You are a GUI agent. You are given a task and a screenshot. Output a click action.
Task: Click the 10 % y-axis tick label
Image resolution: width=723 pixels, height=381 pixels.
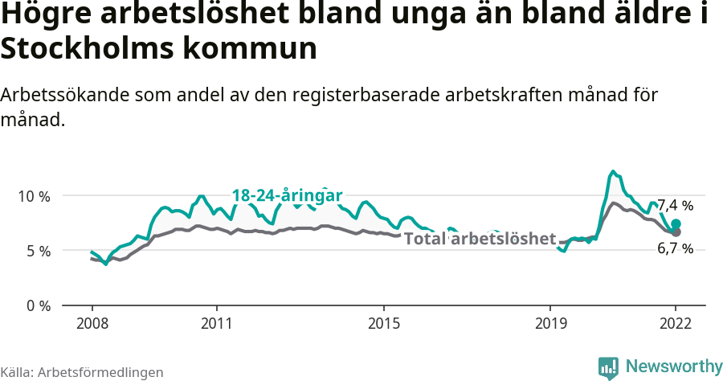(x=35, y=196)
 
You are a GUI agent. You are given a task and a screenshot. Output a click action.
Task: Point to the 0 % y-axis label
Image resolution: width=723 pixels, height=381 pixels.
(x=38, y=305)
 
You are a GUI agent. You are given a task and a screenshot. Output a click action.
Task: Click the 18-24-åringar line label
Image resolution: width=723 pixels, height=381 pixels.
(x=287, y=195)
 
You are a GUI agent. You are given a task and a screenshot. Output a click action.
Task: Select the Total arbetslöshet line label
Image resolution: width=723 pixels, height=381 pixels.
(x=480, y=239)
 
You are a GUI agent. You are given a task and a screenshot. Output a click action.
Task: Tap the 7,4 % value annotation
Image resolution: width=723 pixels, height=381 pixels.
(x=675, y=205)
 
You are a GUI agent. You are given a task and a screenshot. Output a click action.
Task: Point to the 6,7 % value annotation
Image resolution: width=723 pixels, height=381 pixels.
(x=675, y=249)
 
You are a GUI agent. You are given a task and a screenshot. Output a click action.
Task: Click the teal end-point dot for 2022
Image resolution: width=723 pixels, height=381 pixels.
(x=676, y=224)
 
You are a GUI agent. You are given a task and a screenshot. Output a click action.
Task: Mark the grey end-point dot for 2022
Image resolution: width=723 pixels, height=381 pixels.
(x=676, y=232)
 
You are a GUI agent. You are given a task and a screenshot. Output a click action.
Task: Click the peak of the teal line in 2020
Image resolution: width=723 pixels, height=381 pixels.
(x=613, y=171)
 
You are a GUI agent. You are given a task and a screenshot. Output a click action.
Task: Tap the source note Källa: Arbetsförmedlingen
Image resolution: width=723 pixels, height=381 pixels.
(x=82, y=372)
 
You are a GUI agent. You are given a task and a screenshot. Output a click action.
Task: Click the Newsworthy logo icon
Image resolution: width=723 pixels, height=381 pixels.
(x=608, y=367)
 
